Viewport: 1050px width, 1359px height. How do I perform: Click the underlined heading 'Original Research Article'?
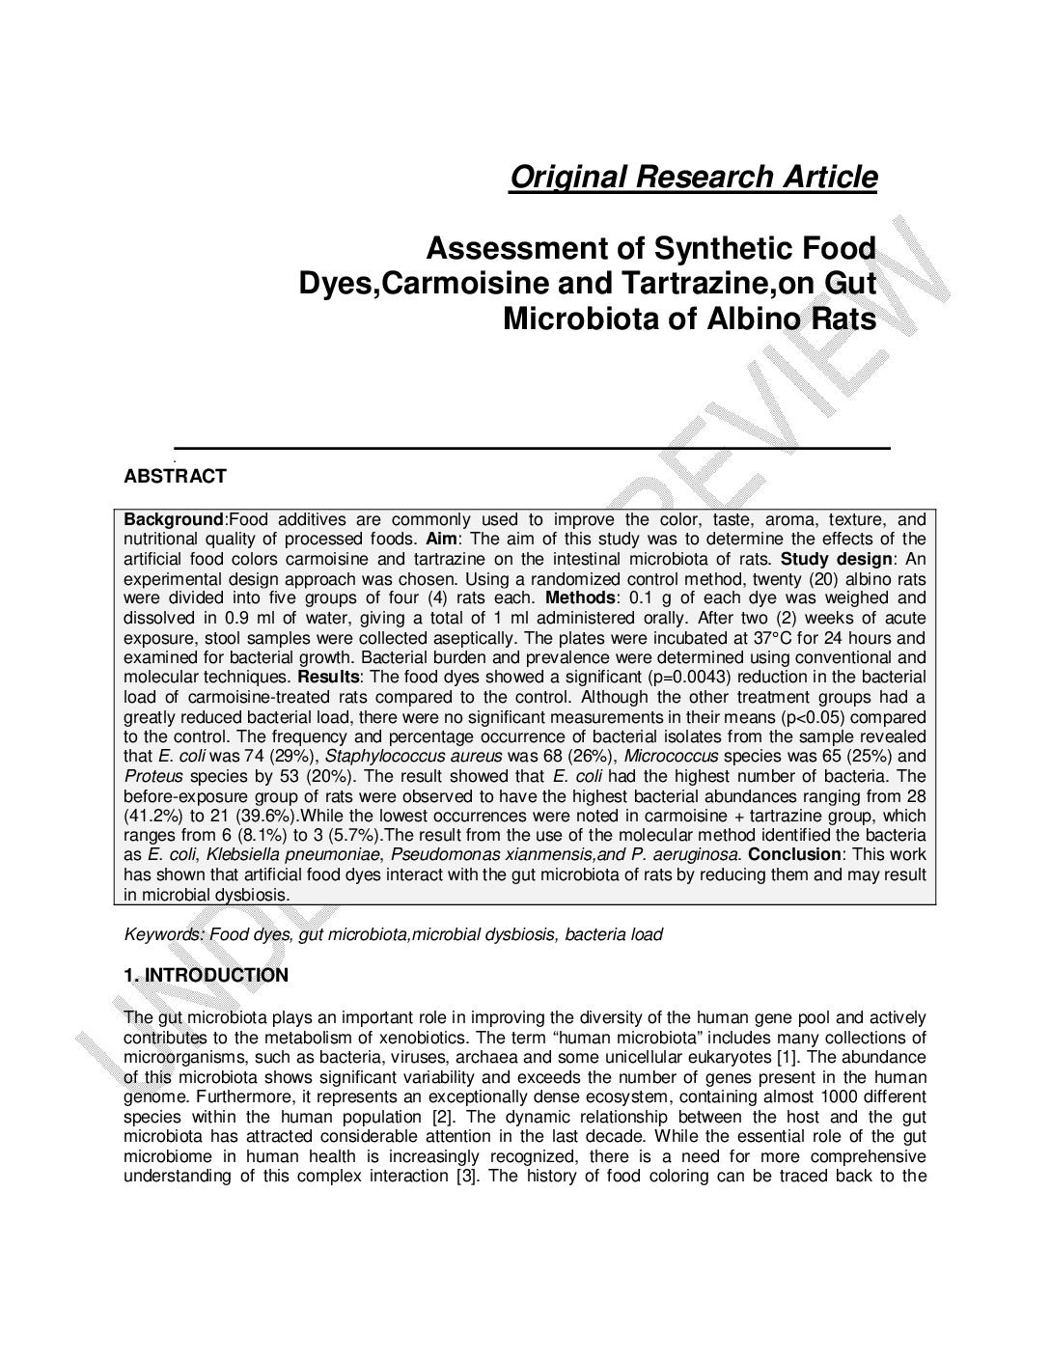coord(693,178)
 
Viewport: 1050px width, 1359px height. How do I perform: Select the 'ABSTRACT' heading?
coord(176,476)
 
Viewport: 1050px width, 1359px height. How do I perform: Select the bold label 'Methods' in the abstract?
coord(579,598)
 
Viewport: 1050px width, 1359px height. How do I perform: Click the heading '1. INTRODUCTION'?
coord(207,976)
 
